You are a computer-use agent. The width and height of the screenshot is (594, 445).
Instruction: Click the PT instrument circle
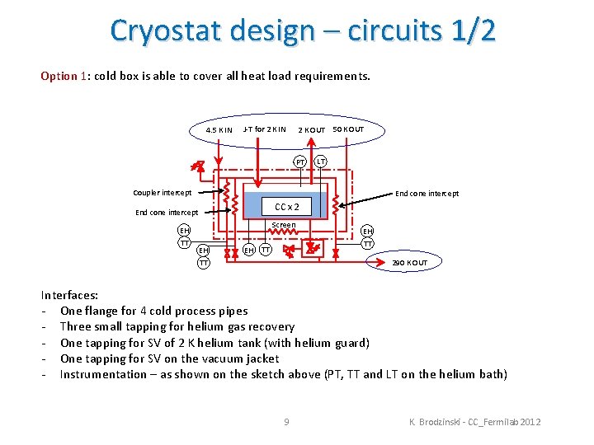302,162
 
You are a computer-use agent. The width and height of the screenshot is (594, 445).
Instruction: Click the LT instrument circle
321,162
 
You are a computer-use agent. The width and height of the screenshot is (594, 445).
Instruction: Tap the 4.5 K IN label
219,130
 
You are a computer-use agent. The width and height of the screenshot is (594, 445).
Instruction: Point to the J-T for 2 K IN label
264,129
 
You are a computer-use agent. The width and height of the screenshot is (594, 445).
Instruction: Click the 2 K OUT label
311,130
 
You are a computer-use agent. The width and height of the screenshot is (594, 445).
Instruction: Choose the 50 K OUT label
347,129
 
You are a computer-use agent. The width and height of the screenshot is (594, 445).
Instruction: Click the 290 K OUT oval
409,263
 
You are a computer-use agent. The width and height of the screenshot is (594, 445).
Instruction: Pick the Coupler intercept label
163,193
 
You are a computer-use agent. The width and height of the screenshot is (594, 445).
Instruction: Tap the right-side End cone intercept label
427,194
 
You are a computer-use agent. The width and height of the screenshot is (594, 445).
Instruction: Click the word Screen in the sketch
284,225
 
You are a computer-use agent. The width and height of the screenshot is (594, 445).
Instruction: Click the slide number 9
286,422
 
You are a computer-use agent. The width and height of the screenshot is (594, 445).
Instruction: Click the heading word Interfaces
69,295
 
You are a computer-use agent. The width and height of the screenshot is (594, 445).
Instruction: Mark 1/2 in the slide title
474,30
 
